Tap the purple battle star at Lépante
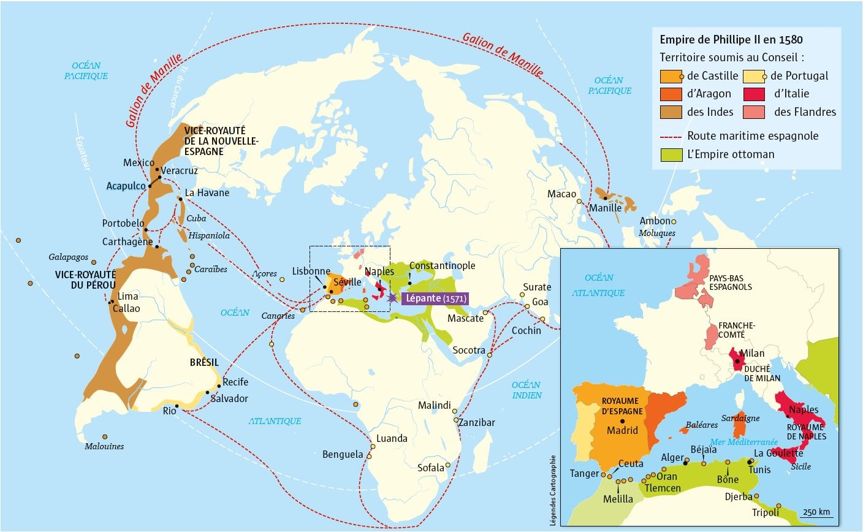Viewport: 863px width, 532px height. coord(392,297)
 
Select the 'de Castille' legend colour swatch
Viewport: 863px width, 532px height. coord(671,76)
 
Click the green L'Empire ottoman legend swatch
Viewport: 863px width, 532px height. coord(671,154)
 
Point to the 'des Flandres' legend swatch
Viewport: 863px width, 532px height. coord(753,112)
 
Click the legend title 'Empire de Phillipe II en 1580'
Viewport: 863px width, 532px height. coord(731,40)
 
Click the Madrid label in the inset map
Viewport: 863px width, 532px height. coord(622,430)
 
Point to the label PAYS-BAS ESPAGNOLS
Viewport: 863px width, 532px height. coord(731,283)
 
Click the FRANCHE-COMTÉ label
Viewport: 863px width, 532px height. coord(736,330)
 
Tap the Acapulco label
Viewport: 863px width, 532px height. coord(126,186)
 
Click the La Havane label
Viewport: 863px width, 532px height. coord(207,192)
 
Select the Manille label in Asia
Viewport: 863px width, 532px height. coord(605,208)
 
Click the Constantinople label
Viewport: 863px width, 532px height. coord(442,265)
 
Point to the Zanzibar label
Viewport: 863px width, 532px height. coord(476,422)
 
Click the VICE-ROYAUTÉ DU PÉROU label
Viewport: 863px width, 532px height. coord(85,280)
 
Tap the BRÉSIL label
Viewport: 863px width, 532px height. coord(204,362)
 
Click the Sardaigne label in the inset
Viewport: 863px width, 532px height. coord(740,418)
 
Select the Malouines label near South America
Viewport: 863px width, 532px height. coord(104,446)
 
